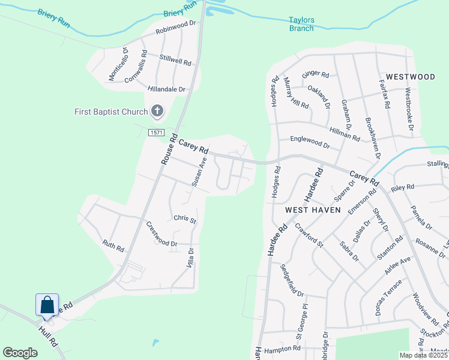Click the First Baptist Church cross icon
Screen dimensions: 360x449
click(x=157, y=110)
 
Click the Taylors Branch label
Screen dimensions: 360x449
click(x=301, y=24)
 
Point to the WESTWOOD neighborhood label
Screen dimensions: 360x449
click(x=411, y=77)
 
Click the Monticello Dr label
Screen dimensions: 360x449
click(x=118, y=63)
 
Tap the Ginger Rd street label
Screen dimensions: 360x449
click(x=316, y=74)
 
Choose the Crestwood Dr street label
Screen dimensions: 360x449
click(x=161, y=235)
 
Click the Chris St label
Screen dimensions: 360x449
click(x=185, y=220)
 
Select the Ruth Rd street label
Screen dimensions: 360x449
click(x=113, y=245)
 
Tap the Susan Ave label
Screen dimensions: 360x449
click(x=199, y=175)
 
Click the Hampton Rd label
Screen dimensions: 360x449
click(x=282, y=348)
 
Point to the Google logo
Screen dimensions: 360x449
click(x=20, y=353)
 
